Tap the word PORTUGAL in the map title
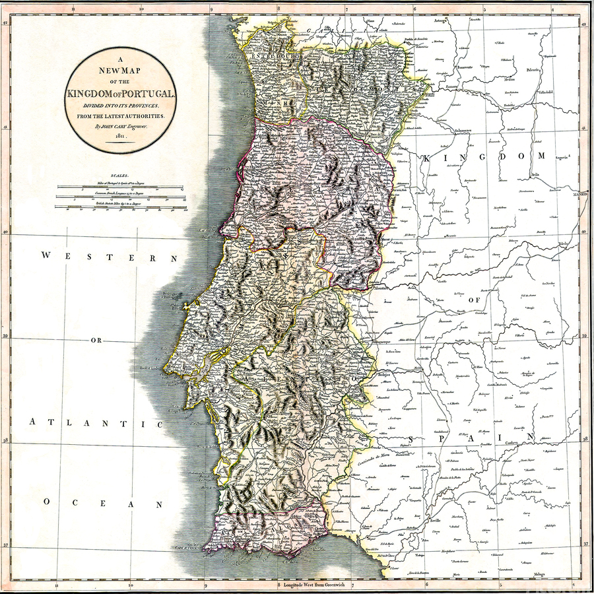147,94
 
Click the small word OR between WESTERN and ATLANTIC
96,341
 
